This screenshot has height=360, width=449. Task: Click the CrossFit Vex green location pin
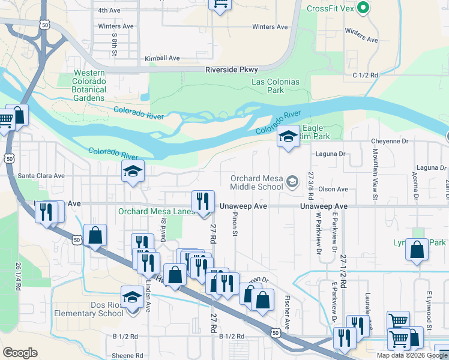tap(363, 8)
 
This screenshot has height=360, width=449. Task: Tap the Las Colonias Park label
tap(276, 86)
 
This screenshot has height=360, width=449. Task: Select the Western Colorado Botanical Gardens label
tap(89, 85)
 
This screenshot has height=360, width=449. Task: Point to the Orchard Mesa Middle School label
tap(257, 182)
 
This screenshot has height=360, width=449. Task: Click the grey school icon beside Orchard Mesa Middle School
tap(292, 181)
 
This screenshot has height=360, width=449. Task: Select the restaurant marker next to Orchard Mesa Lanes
tap(203, 201)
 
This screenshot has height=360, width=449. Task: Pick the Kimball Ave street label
tap(162, 59)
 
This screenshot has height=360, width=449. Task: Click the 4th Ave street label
tap(109, 10)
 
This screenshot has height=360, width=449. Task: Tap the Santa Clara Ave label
tap(41, 176)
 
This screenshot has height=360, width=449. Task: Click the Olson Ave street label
tap(333, 189)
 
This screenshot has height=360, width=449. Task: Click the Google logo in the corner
tap(20, 353)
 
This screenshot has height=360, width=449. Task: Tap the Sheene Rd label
tap(127, 355)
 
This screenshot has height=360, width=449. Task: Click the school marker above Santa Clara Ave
tap(133, 172)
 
